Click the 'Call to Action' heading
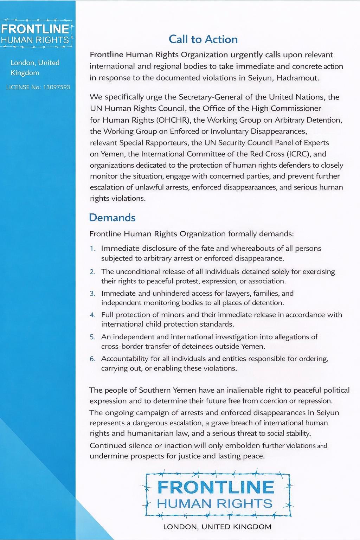(203, 39)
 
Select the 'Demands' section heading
(112, 218)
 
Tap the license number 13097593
(56, 87)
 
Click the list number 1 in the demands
(92, 249)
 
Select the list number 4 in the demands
(92, 315)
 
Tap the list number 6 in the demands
(92, 359)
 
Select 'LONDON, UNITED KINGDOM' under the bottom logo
(217, 527)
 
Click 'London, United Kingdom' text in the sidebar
(35, 67)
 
